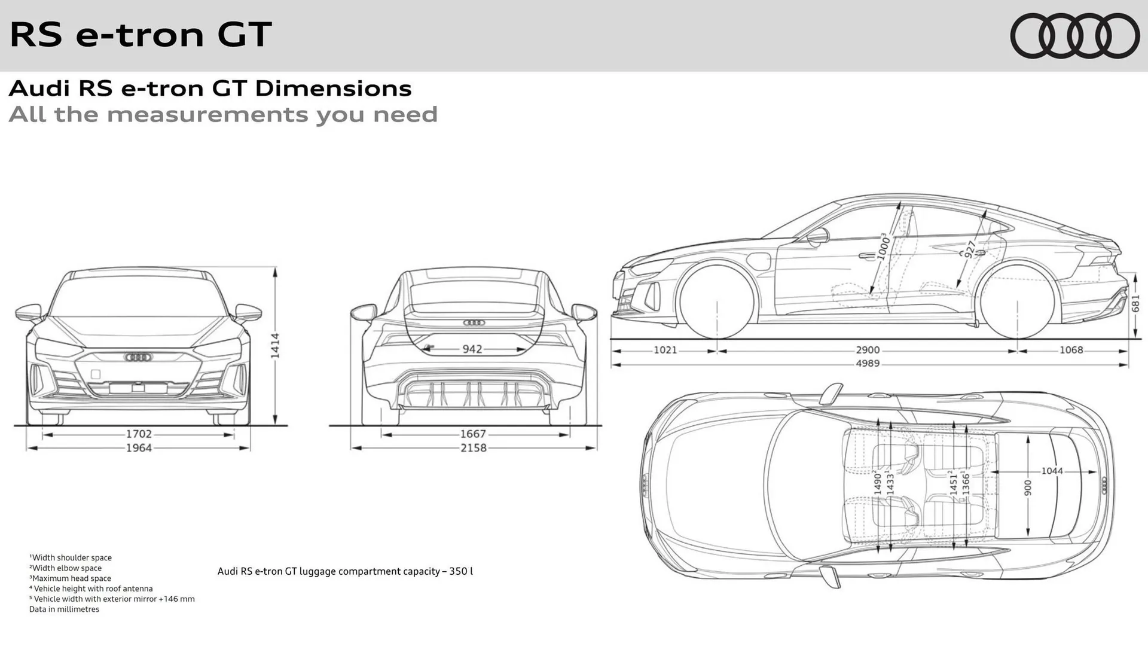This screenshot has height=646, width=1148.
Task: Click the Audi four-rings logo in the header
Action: (x=1074, y=36)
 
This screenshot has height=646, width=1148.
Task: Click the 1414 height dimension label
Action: (x=275, y=346)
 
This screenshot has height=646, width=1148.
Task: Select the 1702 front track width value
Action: (x=139, y=434)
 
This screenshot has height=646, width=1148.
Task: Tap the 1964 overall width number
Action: (x=139, y=448)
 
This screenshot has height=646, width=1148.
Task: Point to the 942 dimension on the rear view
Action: (x=472, y=349)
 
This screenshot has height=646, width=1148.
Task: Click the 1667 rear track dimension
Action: (x=473, y=434)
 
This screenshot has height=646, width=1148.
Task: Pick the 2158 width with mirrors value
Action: (x=473, y=448)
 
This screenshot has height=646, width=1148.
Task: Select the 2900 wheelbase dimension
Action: (x=868, y=350)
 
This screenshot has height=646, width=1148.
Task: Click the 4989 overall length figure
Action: (x=868, y=364)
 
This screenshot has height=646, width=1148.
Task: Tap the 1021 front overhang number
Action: (x=665, y=350)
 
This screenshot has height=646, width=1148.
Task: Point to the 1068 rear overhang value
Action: (x=1071, y=350)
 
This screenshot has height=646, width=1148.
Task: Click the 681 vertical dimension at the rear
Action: (x=1135, y=303)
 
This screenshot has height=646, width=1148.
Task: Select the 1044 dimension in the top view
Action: (x=1052, y=471)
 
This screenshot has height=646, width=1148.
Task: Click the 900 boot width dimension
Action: (x=1028, y=487)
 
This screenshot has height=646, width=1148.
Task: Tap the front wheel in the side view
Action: (x=717, y=302)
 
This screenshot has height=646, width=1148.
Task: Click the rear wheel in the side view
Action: (x=1017, y=302)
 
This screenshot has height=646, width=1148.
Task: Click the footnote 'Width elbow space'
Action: (x=66, y=568)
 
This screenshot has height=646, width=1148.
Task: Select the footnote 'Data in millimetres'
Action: (x=65, y=610)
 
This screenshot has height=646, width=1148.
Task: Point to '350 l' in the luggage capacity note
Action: (x=461, y=571)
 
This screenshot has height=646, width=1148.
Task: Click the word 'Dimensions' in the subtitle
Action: (x=333, y=89)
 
